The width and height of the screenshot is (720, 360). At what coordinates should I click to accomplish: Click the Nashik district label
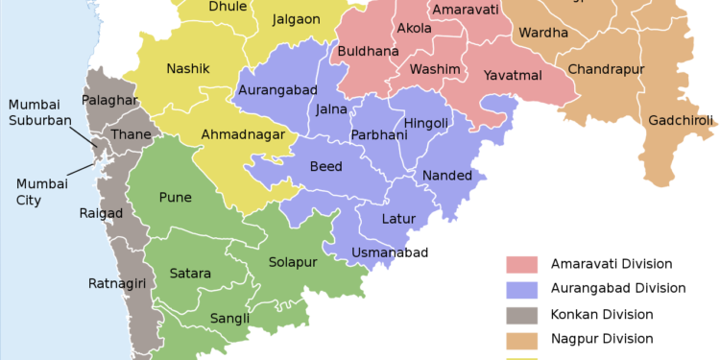coord(187,69)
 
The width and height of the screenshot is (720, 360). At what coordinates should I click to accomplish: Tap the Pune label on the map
coord(175,198)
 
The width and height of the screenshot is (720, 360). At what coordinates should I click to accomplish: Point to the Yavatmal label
coord(513,75)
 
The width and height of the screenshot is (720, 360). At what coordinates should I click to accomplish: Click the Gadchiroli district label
coord(680,121)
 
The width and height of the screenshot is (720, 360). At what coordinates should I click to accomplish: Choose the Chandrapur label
coord(606,70)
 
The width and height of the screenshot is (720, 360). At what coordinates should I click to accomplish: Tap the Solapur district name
coord(292,262)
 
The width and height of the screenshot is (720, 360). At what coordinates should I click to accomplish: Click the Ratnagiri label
coord(116,283)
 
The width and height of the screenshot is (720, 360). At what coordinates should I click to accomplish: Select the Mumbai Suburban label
coord(39,112)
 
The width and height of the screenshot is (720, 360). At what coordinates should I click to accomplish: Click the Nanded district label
coord(447,176)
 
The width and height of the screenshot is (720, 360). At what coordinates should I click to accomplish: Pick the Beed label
coord(325,167)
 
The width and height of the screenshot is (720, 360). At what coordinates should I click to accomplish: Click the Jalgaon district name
coord(296,19)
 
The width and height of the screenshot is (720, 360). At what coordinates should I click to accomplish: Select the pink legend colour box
coord(522,264)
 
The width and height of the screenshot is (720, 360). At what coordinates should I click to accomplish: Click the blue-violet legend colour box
coord(522,290)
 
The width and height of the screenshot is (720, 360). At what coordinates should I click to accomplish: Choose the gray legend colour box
coord(522,315)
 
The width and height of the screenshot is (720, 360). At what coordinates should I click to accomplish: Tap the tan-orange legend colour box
coord(522,340)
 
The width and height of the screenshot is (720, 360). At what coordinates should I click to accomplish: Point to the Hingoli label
coord(426,123)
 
